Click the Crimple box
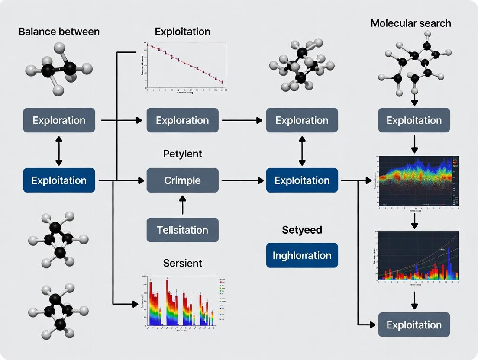click(182, 180)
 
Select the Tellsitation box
click(182, 230)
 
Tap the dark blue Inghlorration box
click(302, 255)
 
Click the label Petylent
click(182, 154)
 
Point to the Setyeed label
click(302, 230)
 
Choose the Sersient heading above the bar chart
click(182, 263)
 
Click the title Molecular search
click(410, 23)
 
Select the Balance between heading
click(59, 32)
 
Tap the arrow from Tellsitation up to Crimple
click(182, 205)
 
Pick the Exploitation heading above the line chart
click(182, 32)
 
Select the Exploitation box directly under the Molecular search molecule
click(414, 120)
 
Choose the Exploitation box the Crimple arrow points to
click(302, 180)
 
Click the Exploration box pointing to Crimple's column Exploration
click(59, 120)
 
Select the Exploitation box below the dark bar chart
click(414, 325)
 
